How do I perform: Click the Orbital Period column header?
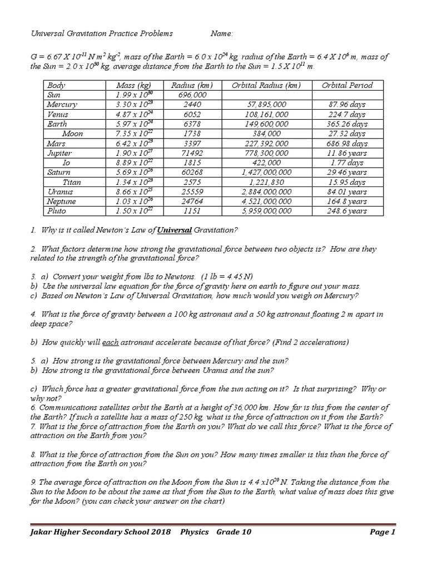[347, 85]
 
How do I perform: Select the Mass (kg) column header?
[133, 85]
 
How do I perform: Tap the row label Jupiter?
[60, 153]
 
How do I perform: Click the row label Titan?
[72, 182]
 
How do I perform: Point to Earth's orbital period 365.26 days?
[347, 124]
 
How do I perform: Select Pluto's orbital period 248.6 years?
[347, 211]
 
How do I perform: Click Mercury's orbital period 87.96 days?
[347, 105]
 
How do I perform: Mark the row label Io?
[67, 163]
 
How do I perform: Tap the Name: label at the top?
[222, 33]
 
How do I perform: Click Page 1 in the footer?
[382, 532]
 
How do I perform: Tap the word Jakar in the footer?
[43, 532]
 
